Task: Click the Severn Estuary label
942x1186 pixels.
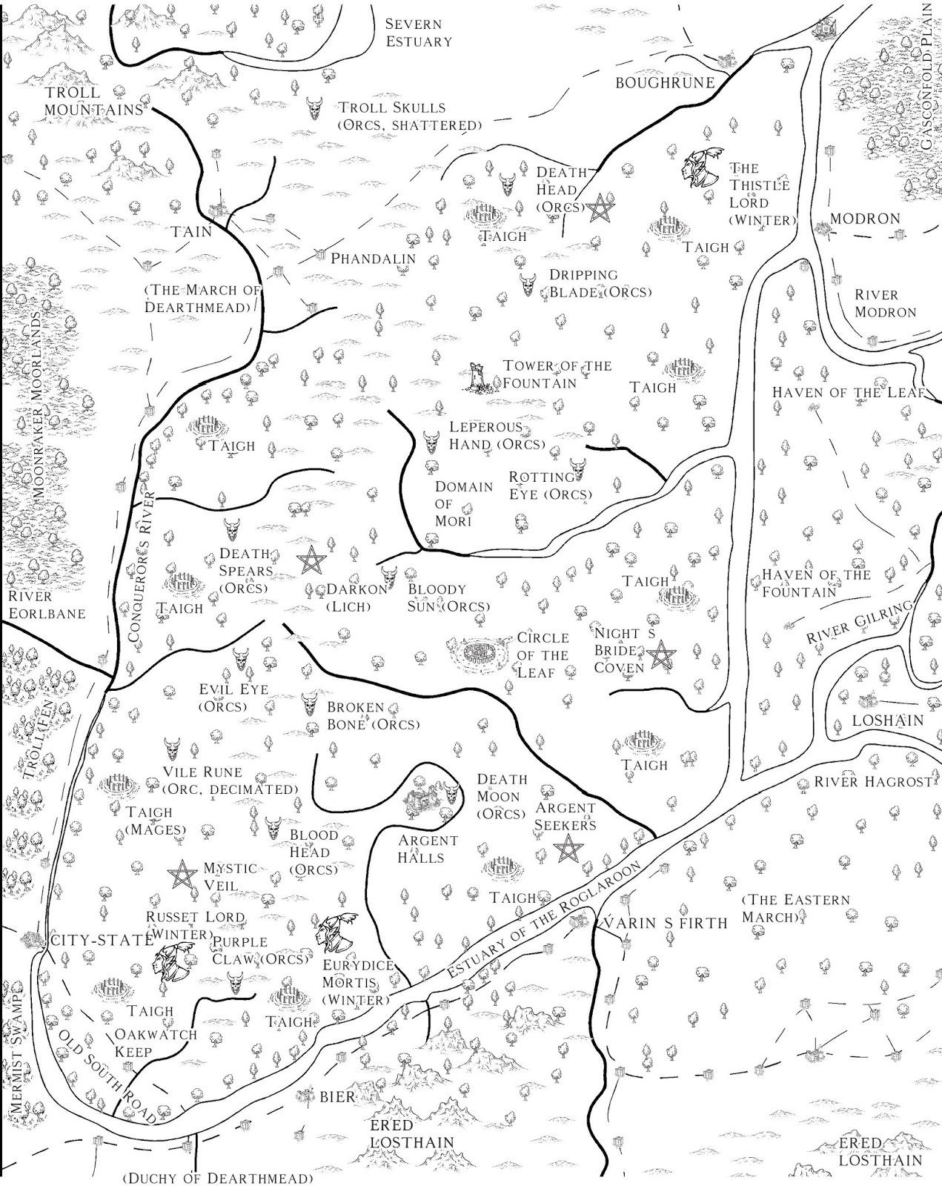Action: click(418, 33)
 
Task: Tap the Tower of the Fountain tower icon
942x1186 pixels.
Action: click(477, 377)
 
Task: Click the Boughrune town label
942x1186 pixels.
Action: click(665, 83)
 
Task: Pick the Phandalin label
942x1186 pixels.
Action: click(373, 259)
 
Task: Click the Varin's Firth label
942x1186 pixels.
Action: click(663, 923)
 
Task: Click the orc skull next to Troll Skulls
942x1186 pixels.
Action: click(315, 108)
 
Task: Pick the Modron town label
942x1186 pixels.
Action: click(864, 219)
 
